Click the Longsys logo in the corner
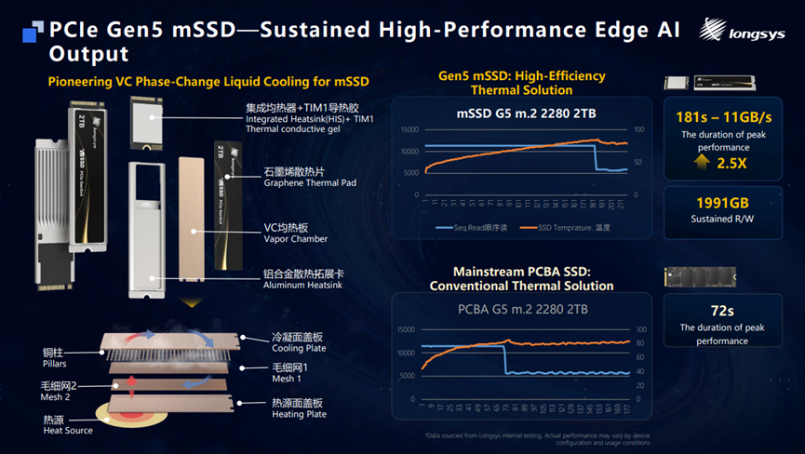pos(745,32)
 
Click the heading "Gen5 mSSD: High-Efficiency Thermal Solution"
pos(522,83)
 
